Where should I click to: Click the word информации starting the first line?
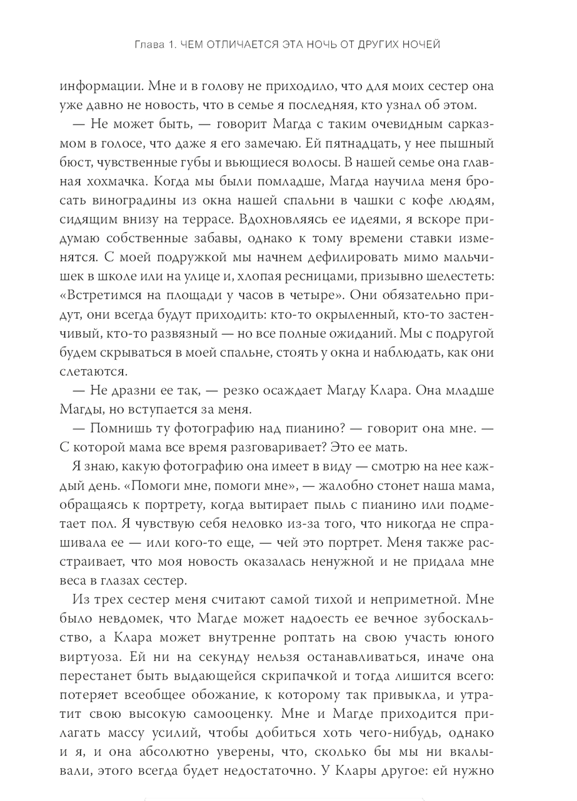pos(110,88)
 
